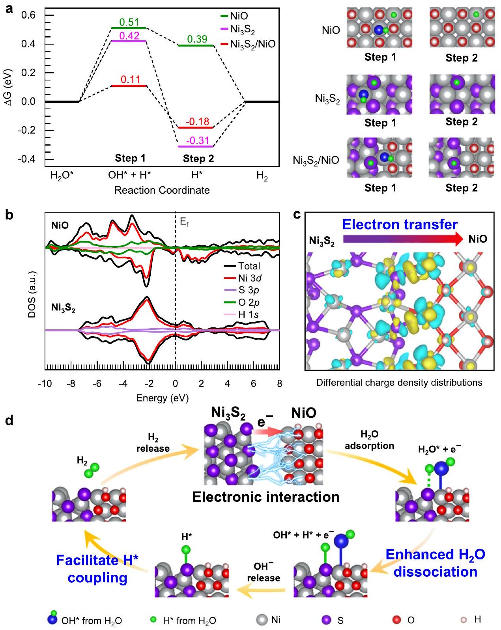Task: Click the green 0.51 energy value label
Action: [129, 22]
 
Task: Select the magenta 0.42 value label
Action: [129, 36]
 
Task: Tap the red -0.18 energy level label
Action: [197, 122]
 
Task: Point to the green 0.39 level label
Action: [197, 39]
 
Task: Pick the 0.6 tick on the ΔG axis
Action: [28, 15]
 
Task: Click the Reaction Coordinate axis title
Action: [162, 190]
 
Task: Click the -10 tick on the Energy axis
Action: [45, 383]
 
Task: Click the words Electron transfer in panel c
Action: [400, 224]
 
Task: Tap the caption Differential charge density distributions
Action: [399, 382]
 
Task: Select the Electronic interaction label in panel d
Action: [265, 497]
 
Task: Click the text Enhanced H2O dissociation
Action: [435, 563]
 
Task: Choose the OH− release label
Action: [264, 572]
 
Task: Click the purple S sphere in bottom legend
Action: [326, 620]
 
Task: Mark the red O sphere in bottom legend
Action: [396, 620]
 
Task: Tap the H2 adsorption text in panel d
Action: [369, 440]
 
